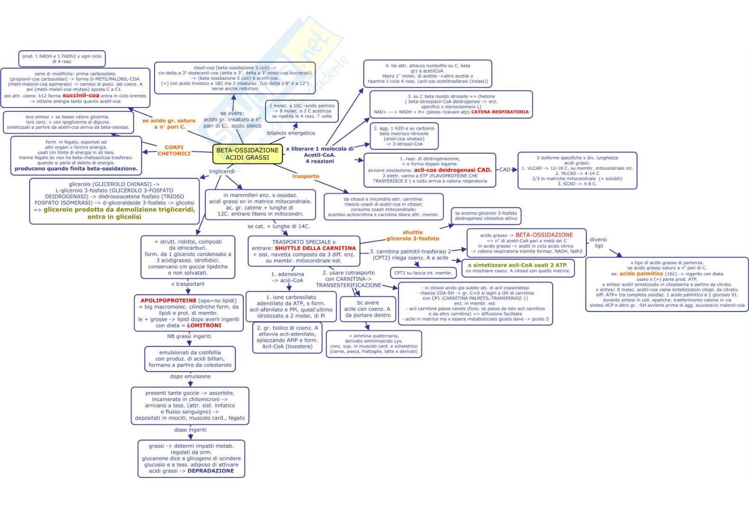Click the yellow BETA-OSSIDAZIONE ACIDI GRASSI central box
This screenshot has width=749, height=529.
pyautogui.click(x=247, y=154)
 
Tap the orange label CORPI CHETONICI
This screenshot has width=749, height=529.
pyautogui.click(x=174, y=150)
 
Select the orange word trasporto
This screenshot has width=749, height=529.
pyautogui.click(x=305, y=176)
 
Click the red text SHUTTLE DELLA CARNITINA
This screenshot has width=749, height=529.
pyautogui.click(x=315, y=248)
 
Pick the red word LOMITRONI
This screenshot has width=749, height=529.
pyautogui.click(x=204, y=326)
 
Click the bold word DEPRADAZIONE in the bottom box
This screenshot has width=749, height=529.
pyautogui.click(x=211, y=471)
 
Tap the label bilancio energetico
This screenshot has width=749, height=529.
pyautogui.click(x=291, y=133)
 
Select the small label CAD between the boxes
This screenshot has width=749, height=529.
pyautogui.click(x=505, y=169)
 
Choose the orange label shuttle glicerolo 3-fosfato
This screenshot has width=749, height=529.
pyautogui.click(x=412, y=236)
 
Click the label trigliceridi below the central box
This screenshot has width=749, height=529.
pyautogui.click(x=222, y=171)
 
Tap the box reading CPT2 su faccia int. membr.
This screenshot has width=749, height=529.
pyautogui.click(x=423, y=273)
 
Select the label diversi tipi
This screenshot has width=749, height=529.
pyautogui.click(x=598, y=243)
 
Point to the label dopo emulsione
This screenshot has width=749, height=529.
pyautogui.click(x=190, y=376)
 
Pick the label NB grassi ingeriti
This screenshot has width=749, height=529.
pyautogui.click(x=189, y=336)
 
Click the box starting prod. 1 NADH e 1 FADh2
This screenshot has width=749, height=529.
pyautogui.click(x=62, y=59)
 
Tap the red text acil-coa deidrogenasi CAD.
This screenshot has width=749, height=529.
pyautogui.click(x=453, y=170)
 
